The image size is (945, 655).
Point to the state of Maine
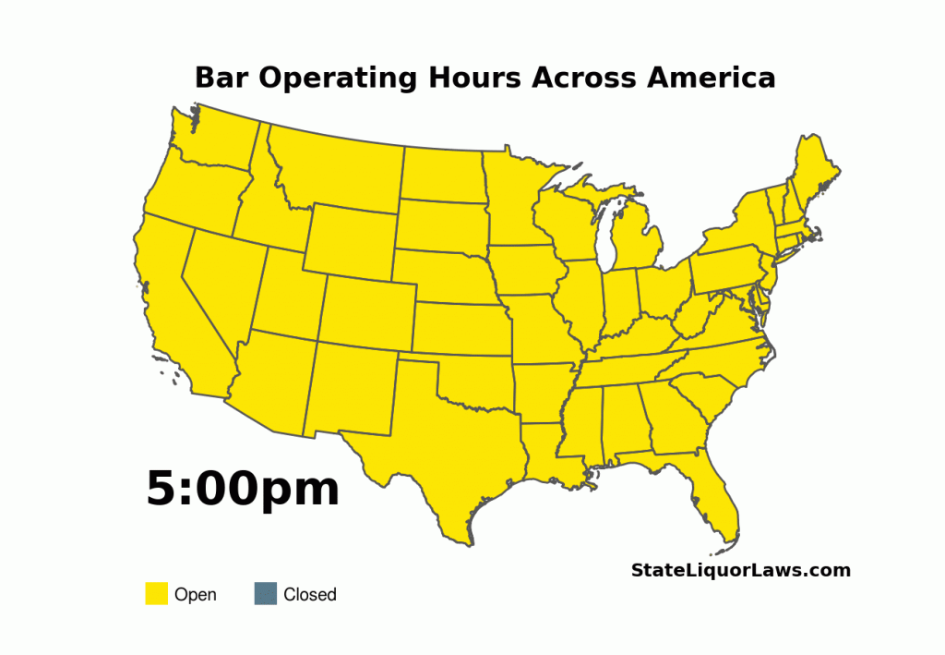(813, 171)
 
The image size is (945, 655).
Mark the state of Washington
(217, 139)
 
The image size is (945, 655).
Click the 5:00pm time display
(243, 489)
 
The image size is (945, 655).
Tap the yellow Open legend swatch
(156, 594)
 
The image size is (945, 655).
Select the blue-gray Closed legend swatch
(265, 594)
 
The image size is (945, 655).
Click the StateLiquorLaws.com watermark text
(740, 570)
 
